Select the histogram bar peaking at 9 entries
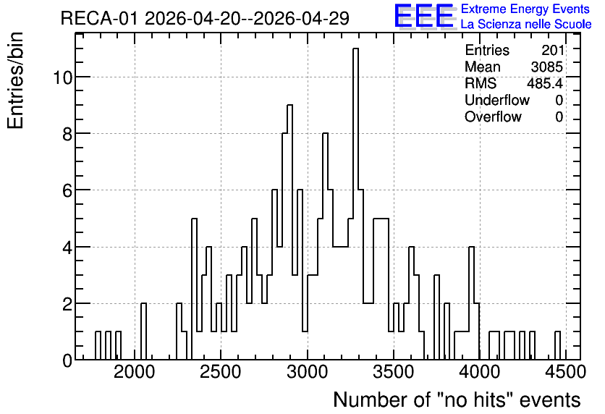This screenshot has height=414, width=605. point(289,232)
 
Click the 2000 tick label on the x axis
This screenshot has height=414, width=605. point(135,372)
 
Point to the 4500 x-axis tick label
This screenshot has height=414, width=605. point(566,372)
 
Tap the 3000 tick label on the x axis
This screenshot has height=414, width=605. point(308,372)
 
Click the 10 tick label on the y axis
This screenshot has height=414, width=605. point(62,77)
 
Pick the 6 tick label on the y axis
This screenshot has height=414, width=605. point(67,190)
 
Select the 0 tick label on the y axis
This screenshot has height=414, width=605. point(67,360)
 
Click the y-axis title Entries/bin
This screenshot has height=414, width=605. point(16,81)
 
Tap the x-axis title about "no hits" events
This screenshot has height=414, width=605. point(457,400)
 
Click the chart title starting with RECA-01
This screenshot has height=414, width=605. point(205,18)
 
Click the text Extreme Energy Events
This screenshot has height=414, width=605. point(525,9)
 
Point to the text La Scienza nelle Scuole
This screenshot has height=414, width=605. point(526,24)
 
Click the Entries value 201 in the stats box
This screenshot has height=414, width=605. point(552,50)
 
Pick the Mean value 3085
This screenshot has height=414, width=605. point(546,67)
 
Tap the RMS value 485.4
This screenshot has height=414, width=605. point(545,83)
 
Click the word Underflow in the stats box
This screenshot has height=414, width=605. point(497,101)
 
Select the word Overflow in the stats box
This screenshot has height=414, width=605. point(493,117)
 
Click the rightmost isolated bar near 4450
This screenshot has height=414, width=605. point(557,346)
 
